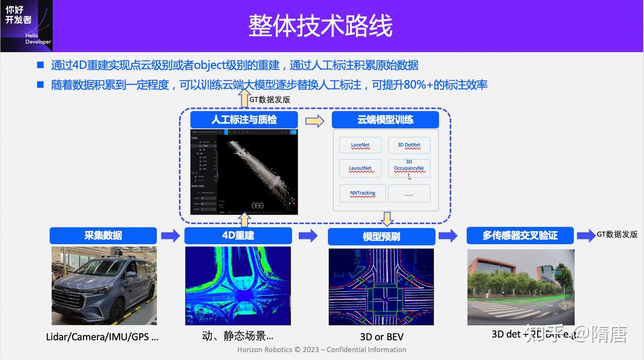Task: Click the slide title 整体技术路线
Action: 320,25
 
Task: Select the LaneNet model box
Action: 360,145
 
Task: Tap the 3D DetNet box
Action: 409,145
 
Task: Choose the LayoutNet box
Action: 360,168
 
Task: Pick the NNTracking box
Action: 362,193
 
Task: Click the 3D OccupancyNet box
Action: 409,168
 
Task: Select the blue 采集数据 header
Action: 103,235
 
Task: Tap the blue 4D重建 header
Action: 238,235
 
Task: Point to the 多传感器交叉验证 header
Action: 520,235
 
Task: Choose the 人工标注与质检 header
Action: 244,120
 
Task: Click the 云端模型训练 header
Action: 385,120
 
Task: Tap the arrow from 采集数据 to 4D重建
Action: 170,235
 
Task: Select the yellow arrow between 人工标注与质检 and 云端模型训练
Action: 314,121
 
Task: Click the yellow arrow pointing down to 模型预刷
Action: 387,219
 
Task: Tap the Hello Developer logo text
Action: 38,38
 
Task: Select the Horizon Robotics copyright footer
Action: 322,350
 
